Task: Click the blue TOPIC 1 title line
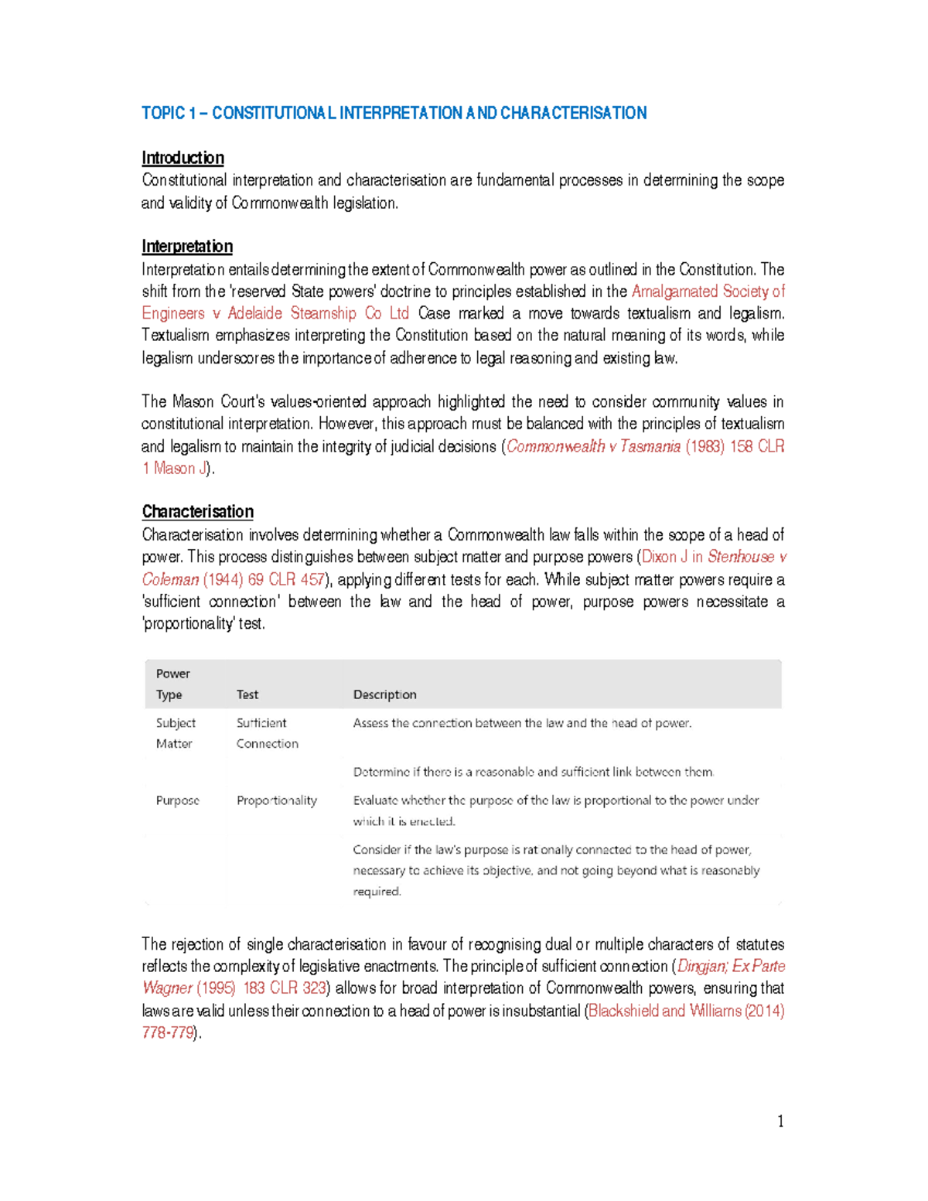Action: pyautogui.click(x=394, y=114)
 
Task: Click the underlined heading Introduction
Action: pyautogui.click(x=183, y=159)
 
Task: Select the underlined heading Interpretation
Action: pyautogui.click(x=187, y=247)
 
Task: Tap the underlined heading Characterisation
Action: pyautogui.click(x=197, y=512)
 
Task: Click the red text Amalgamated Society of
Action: pyautogui.click(x=708, y=292)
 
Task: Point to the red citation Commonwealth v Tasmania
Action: pyautogui.click(x=593, y=447)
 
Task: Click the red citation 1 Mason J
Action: pyautogui.click(x=175, y=469)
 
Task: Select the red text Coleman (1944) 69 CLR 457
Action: pyautogui.click(x=234, y=580)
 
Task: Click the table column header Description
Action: pyautogui.click(x=384, y=694)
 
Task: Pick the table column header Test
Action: pyautogui.click(x=247, y=694)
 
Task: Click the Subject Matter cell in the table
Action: pyautogui.click(x=176, y=733)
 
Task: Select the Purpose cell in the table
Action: pyautogui.click(x=178, y=800)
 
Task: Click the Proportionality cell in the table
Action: pyautogui.click(x=277, y=800)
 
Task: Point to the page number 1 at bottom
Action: pyautogui.click(x=780, y=1121)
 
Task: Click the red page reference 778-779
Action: pyautogui.click(x=168, y=1033)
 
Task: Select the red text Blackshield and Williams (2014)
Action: pyautogui.click(x=686, y=1012)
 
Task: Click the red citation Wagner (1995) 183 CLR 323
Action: pyautogui.click(x=234, y=989)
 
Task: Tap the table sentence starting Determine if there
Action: pyautogui.click(x=534, y=772)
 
